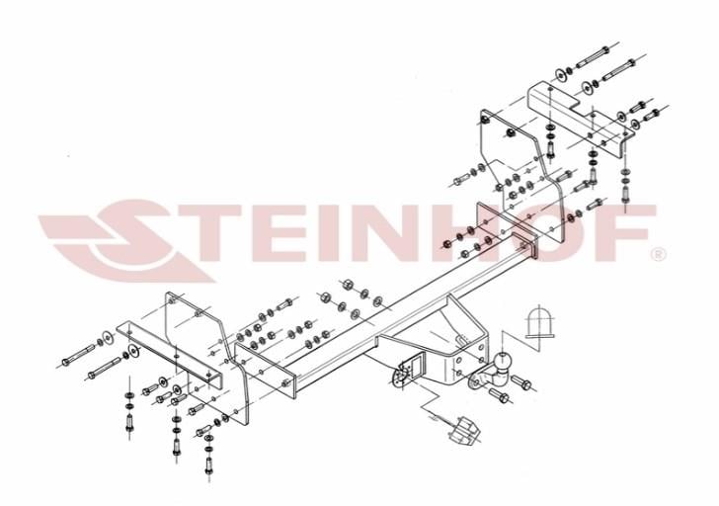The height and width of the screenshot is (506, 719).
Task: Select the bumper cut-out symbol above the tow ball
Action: (x=539, y=322)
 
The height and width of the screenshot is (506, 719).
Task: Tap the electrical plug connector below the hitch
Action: (x=465, y=430)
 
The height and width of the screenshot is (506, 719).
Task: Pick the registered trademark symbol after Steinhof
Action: (x=659, y=254)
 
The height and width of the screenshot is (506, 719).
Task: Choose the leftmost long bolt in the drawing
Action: (x=78, y=355)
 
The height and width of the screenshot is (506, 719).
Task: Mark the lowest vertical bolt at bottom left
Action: (x=209, y=465)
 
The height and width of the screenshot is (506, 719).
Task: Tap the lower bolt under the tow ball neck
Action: (x=500, y=396)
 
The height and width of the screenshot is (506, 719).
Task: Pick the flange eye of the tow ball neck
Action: (x=474, y=380)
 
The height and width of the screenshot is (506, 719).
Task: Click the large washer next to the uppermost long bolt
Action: (x=560, y=75)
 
